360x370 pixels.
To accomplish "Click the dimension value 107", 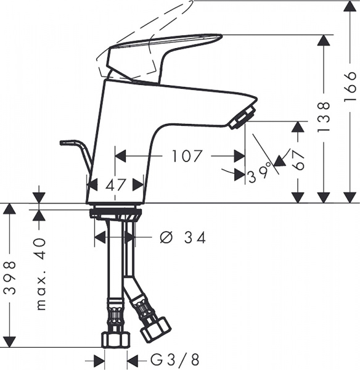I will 187,156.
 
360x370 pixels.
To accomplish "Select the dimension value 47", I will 115,184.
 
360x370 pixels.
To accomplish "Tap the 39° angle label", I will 258,175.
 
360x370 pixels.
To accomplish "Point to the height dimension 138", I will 325,117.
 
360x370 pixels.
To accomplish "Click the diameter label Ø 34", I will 182,237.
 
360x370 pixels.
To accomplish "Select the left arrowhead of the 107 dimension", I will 121,156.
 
